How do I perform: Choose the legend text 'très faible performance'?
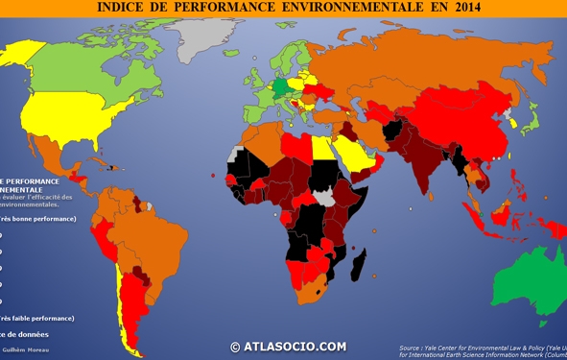pyautogui.click(x=38, y=318)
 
